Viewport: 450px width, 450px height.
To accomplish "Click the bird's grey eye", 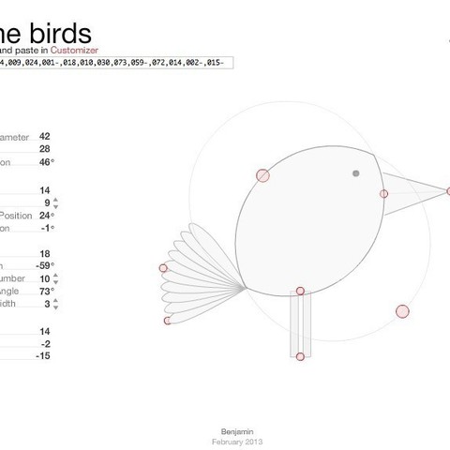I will (355, 173).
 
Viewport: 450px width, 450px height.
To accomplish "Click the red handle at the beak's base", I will (383, 194).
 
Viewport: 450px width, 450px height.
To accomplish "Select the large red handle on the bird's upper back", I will (262, 174).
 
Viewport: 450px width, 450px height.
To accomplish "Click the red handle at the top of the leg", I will (299, 292).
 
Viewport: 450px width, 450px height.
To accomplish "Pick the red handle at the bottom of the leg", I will (299, 356).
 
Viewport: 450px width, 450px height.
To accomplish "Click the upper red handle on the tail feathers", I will (163, 268).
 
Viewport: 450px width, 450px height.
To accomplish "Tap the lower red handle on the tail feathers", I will (168, 321).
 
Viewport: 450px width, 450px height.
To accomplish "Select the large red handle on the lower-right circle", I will (403, 311).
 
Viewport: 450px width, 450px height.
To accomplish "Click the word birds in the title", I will (66, 23).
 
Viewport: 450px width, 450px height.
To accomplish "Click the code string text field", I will (112, 63).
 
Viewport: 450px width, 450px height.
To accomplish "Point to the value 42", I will (45, 136).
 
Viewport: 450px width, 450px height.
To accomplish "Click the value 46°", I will (45, 162).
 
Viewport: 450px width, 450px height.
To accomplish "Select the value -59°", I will (43, 266).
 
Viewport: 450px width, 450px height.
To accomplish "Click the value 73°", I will (45, 292).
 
